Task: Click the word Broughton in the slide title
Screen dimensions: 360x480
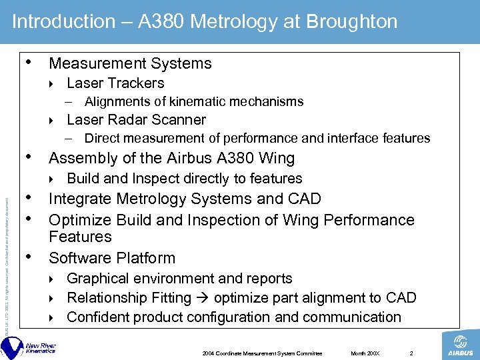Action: click(351, 21)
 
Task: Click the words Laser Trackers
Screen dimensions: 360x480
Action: click(115, 83)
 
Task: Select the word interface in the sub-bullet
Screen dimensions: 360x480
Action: click(353, 139)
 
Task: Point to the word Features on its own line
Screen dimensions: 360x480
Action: click(80, 237)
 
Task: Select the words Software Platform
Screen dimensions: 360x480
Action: click(112, 258)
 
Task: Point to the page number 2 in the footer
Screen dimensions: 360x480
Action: click(411, 353)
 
